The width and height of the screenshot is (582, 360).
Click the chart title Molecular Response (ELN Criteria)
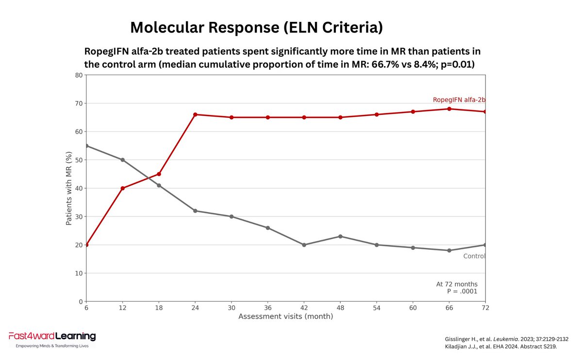point(256,28)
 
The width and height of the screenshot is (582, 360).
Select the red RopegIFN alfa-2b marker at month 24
point(195,115)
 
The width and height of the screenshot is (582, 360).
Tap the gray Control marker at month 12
point(122,160)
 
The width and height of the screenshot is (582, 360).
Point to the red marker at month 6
point(86,245)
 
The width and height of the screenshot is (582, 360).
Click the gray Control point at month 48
point(340,236)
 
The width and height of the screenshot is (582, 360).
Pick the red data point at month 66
point(449,109)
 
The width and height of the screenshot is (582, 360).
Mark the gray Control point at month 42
point(304,245)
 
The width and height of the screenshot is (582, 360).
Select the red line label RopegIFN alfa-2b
point(459,100)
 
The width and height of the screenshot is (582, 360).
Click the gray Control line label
point(474,256)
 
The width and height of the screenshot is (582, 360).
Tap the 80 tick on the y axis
point(79,75)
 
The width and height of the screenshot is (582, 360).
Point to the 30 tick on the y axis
point(79,216)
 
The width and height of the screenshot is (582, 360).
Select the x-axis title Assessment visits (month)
point(285,316)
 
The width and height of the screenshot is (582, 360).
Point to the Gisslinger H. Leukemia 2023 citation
point(506,339)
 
